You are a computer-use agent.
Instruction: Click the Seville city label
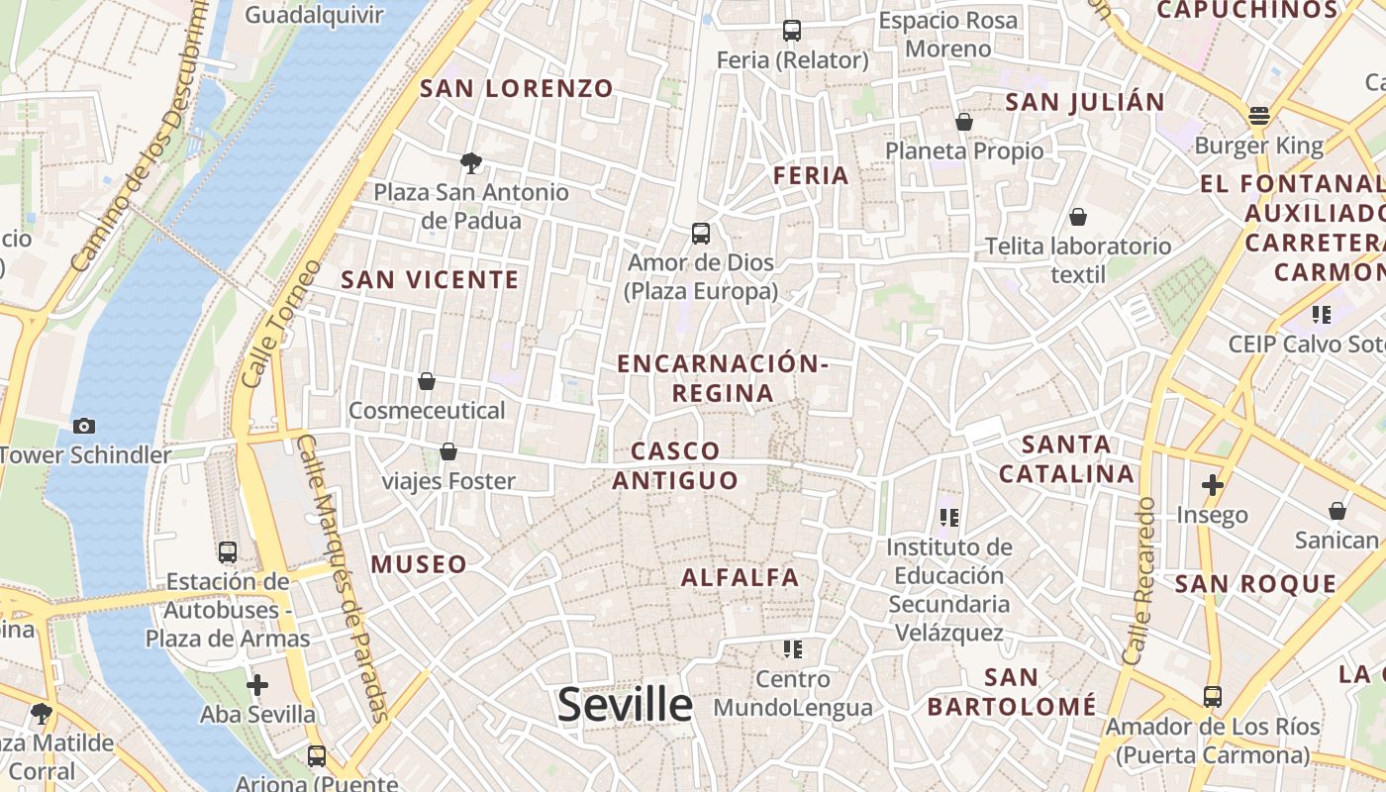(x=625, y=705)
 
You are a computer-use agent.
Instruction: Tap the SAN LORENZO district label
(x=517, y=88)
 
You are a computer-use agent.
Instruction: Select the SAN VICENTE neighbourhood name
(x=430, y=279)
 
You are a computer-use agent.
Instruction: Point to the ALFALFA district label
(x=741, y=576)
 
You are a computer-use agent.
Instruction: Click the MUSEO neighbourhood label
(x=419, y=564)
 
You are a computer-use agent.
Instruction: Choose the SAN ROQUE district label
(x=1255, y=583)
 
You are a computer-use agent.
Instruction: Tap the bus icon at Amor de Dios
(x=701, y=234)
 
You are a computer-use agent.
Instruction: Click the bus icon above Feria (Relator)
(x=791, y=31)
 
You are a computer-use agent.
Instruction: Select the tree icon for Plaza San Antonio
(x=471, y=162)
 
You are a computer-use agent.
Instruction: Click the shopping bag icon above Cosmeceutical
(x=427, y=381)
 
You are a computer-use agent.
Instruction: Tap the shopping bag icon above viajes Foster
(x=448, y=452)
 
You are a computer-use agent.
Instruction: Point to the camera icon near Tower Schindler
(x=84, y=426)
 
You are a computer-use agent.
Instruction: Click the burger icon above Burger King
(x=1259, y=117)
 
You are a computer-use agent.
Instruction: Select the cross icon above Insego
(x=1212, y=485)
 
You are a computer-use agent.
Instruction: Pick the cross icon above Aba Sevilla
(x=257, y=684)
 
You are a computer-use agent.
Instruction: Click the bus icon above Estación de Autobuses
(x=228, y=552)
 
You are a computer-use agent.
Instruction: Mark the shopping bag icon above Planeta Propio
(x=964, y=122)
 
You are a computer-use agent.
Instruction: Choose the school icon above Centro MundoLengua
(x=792, y=649)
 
